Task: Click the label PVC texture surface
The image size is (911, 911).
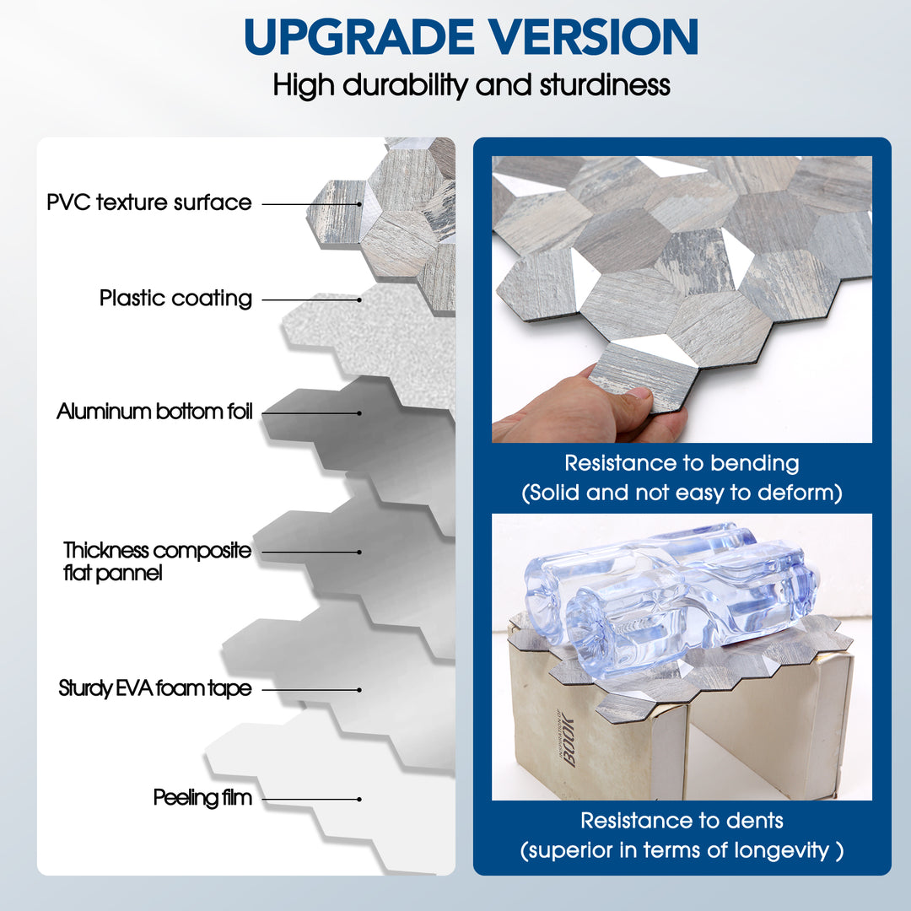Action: tap(148, 202)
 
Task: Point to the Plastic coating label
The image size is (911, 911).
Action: tap(175, 298)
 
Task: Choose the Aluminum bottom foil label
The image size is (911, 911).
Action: tap(154, 412)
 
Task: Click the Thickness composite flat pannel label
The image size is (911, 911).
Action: tap(157, 562)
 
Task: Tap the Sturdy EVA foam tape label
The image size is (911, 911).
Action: tap(155, 688)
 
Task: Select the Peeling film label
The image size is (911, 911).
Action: tap(202, 797)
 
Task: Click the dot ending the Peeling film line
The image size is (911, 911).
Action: tap(359, 799)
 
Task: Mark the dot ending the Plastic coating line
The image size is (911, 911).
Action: tap(359, 299)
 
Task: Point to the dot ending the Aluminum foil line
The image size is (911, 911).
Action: tap(359, 413)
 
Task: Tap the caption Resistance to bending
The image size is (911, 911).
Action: tap(682, 463)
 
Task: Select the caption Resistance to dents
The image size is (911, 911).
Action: tap(682, 820)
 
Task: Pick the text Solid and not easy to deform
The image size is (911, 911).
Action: tap(682, 493)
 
